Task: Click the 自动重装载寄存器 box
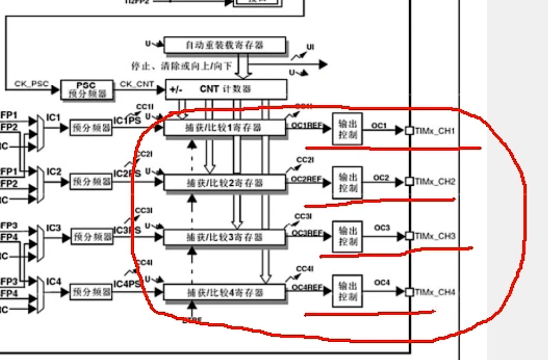[225, 45]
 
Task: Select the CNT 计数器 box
[226, 89]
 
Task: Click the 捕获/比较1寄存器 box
[225, 128]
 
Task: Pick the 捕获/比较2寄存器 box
[225, 182]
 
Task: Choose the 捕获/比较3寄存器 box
[225, 237]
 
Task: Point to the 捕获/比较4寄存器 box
[225, 292]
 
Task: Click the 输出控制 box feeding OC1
[347, 129]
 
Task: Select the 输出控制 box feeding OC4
[347, 291]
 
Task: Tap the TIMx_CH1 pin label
[435, 131]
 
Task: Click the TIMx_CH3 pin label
[435, 236]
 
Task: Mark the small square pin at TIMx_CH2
[410, 181]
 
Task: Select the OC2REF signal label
[306, 179]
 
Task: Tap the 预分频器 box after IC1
[91, 128]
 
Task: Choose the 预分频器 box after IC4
[91, 291]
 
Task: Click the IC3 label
[53, 227]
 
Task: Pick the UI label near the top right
[310, 48]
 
